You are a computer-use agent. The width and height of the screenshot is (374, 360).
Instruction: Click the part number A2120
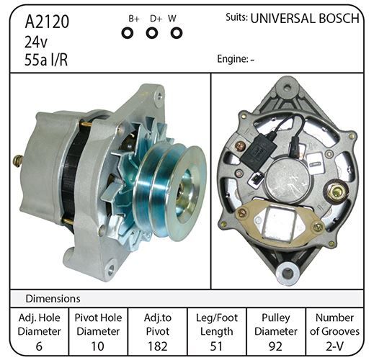47,22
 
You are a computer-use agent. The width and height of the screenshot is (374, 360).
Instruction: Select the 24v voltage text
36,42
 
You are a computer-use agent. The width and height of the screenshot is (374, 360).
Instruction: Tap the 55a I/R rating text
46,60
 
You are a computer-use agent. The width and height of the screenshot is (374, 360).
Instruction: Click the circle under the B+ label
128,33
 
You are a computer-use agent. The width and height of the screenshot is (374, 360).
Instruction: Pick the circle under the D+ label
152,33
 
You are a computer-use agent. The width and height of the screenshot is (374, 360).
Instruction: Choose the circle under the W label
177,33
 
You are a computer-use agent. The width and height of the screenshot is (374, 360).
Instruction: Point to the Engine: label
233,59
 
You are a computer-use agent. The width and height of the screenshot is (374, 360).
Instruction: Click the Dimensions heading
53,299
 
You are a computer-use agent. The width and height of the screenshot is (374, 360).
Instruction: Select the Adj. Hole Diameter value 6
39,346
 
